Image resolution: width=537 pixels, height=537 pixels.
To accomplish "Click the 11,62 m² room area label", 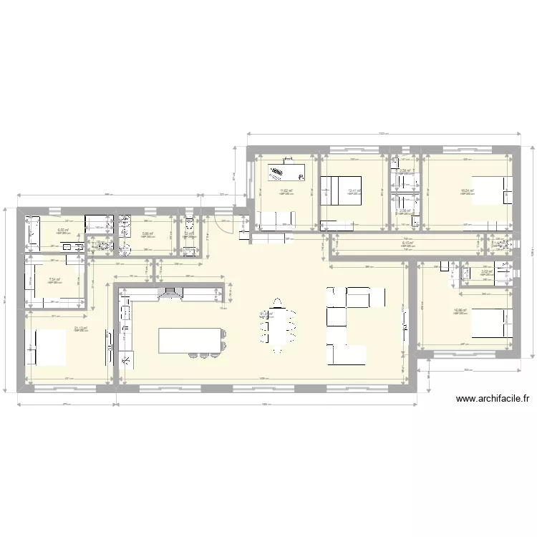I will (286, 190).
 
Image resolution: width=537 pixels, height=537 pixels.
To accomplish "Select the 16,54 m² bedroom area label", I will (467, 190).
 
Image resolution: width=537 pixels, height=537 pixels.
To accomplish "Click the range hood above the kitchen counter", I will (170, 291).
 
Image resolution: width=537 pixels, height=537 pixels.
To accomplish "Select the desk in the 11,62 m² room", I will (286, 172).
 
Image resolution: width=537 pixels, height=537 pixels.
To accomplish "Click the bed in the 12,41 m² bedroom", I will (342, 190).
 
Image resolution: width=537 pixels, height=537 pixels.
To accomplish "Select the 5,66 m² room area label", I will (147, 233).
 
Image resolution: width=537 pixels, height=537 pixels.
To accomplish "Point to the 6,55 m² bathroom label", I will (62, 230).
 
